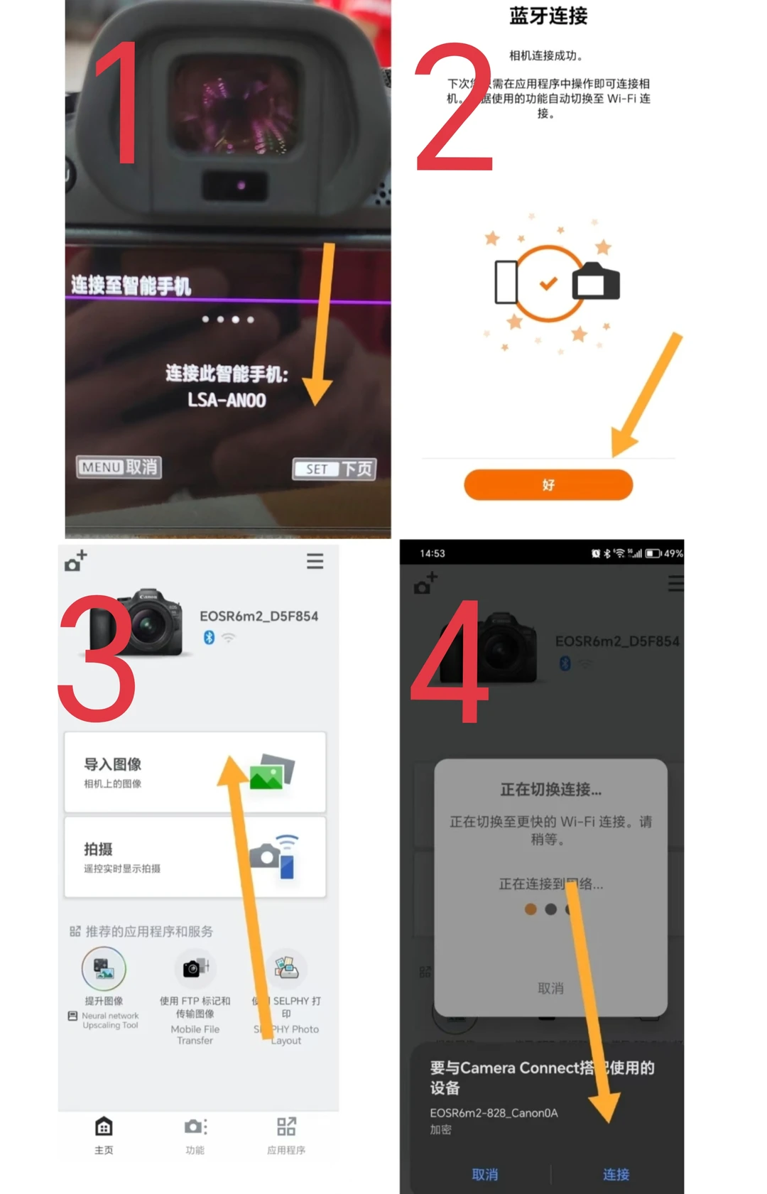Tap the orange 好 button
tap(548, 484)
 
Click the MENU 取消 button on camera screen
tap(119, 467)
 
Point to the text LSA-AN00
tap(227, 401)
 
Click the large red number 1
tap(119, 103)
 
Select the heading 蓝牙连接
tap(548, 16)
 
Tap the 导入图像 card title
tap(113, 764)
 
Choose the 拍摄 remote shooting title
tap(98, 849)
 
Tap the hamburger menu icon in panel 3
tap(315, 561)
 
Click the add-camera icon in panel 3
tap(75, 560)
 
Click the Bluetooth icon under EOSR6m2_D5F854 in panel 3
tap(209, 637)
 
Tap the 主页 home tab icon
tap(104, 1127)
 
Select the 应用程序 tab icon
tap(286, 1127)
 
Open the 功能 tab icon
tap(195, 1127)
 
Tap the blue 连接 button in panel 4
tap(616, 1174)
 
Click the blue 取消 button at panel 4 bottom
tap(485, 1174)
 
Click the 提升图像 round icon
tap(104, 968)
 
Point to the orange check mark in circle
tap(548, 283)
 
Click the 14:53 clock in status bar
tap(432, 553)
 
